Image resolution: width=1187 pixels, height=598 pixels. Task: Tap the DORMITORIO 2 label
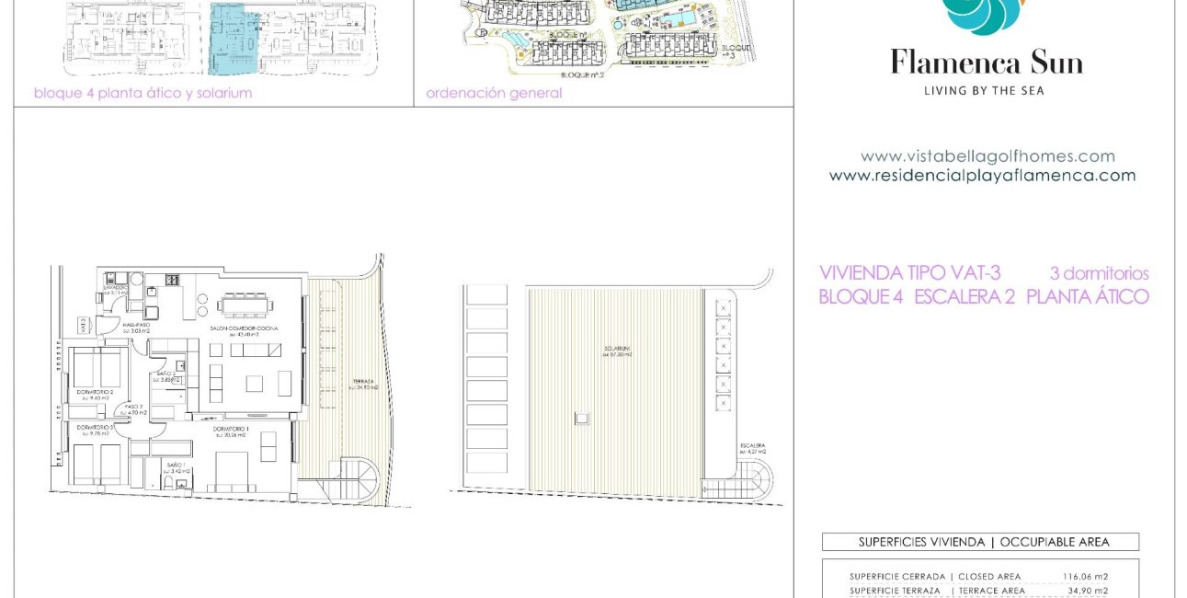pyautogui.click(x=95, y=392)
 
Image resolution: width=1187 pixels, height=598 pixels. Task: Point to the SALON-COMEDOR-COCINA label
pyautogui.click(x=243, y=328)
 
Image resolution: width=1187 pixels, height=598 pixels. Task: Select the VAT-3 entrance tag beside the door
pyautogui.click(x=83, y=325)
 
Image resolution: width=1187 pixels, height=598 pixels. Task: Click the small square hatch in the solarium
pyautogui.click(x=581, y=418)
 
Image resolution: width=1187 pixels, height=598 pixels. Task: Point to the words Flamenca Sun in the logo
pyautogui.click(x=986, y=63)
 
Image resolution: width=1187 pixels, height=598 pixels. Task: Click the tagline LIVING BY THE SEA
pyautogui.click(x=984, y=90)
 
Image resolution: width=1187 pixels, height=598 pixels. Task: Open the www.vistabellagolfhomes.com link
pyautogui.click(x=987, y=156)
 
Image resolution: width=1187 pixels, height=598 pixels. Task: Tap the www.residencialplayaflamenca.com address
pyautogui.click(x=982, y=175)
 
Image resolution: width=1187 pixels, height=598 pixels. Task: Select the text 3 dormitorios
pyautogui.click(x=1099, y=273)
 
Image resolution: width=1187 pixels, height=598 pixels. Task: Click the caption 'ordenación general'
pyautogui.click(x=494, y=93)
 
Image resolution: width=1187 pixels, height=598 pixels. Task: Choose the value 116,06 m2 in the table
pyautogui.click(x=1085, y=577)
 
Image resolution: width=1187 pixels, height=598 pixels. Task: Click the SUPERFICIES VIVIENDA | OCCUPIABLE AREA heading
pyautogui.click(x=980, y=542)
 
